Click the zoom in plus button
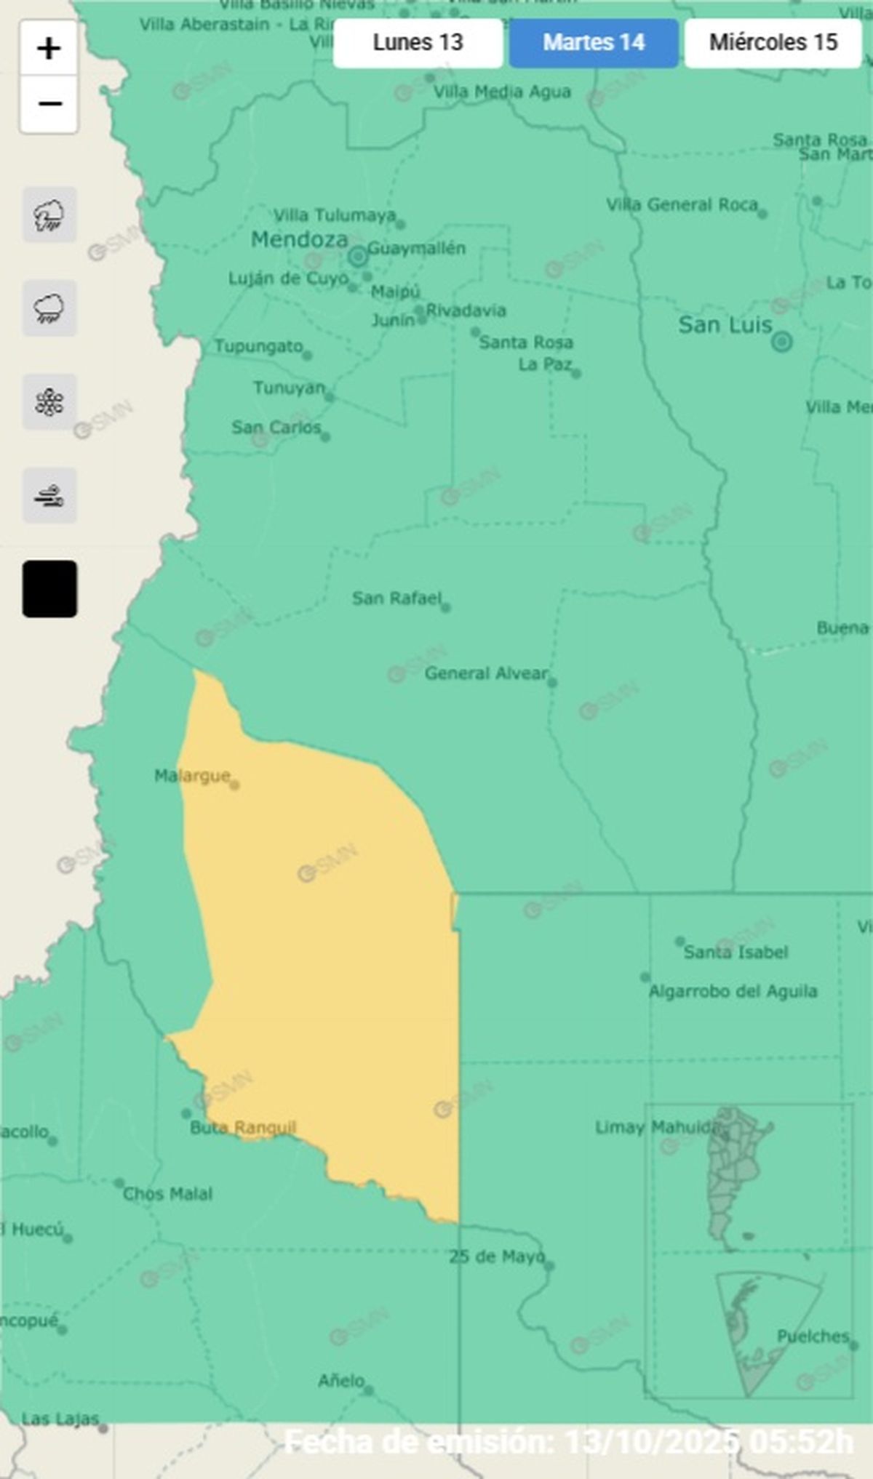[x=49, y=49]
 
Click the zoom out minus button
[x=49, y=105]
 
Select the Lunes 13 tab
[x=418, y=43]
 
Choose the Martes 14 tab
[x=594, y=43]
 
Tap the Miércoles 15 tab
[x=773, y=43]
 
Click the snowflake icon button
[x=49, y=402]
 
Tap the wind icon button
[x=49, y=497]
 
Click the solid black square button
[x=49, y=589]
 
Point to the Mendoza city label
[x=299, y=239]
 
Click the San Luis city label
[x=725, y=325]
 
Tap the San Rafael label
[x=396, y=598]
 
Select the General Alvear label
[x=486, y=673]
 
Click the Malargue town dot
[x=234, y=785]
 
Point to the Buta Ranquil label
[x=243, y=1128]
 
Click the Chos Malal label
[x=167, y=1194]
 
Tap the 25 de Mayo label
[x=496, y=1256]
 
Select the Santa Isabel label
[x=736, y=953]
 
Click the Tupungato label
[x=258, y=346]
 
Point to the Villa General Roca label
[x=682, y=205]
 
